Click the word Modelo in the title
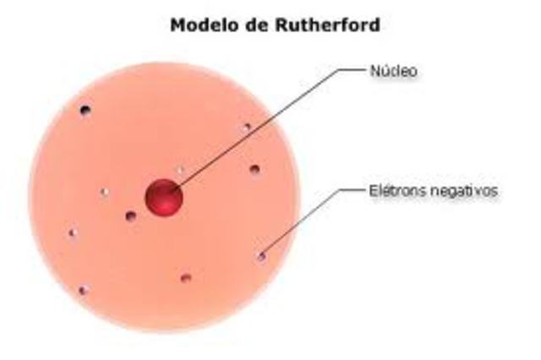[201, 25]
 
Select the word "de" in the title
[254, 25]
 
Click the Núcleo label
[393, 72]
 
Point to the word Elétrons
[394, 191]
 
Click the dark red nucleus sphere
[164, 198]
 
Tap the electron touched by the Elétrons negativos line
[261, 255]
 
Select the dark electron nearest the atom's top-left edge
[85, 111]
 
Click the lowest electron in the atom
[83, 290]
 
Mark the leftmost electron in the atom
[73, 233]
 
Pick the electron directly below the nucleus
[185, 278]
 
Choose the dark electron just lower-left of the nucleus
[130, 216]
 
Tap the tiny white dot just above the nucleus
[179, 170]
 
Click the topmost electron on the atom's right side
[247, 127]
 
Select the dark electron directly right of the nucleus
[254, 169]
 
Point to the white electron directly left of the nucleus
[105, 192]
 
